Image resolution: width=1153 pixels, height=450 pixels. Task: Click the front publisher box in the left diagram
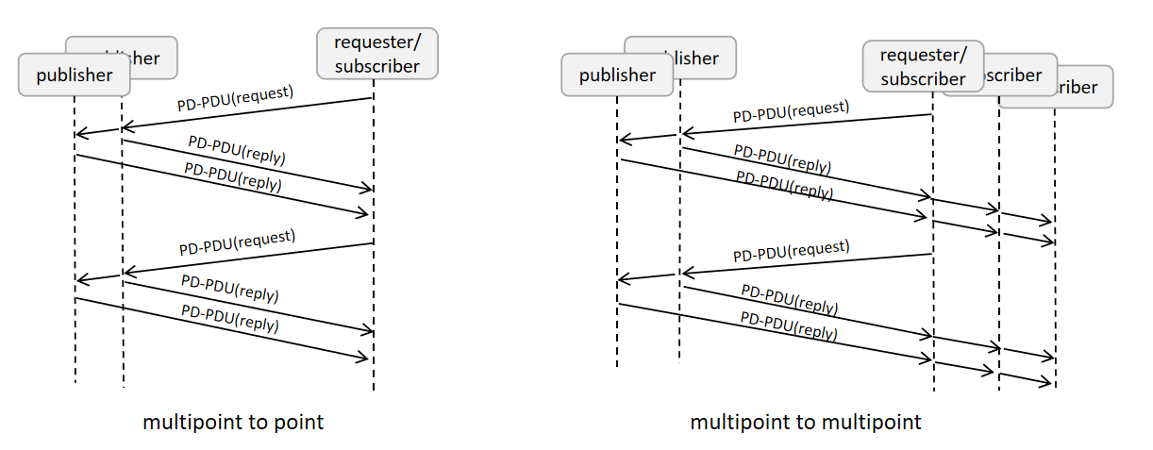(x=74, y=75)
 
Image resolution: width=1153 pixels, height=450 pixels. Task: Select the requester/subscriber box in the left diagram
(x=376, y=53)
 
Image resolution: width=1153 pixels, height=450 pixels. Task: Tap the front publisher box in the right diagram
(x=617, y=75)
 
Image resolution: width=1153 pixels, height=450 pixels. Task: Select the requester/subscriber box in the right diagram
(x=922, y=67)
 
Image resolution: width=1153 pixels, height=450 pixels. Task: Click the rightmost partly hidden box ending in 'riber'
(x=1085, y=88)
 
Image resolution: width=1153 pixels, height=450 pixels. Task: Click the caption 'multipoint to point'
(x=233, y=422)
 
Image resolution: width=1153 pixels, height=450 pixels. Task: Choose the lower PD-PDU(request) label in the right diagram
(x=791, y=251)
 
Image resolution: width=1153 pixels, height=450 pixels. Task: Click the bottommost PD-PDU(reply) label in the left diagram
(x=230, y=318)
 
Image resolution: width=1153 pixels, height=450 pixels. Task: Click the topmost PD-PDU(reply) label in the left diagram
(x=237, y=150)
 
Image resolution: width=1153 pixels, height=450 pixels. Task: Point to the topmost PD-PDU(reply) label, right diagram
(x=782, y=159)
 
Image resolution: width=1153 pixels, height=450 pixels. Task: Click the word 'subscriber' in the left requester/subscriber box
(x=376, y=65)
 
